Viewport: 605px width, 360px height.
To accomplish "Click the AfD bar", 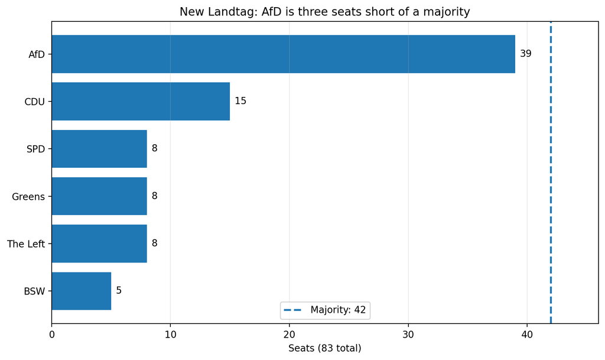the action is coord(283,54).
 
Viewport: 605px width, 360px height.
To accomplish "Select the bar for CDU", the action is coord(141,101).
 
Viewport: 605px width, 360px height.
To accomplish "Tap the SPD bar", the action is coord(99,148).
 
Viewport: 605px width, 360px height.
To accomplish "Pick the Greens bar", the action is coord(99,196).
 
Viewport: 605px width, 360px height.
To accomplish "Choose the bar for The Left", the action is coord(99,244).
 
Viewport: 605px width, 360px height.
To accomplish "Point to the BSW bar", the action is coord(82,291).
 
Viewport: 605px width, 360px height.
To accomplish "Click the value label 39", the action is coord(525,54).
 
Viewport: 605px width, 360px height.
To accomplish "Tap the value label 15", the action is coord(240,100).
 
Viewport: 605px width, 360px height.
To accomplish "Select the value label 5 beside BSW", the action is coord(119,290).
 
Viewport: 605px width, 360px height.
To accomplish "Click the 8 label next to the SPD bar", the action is coord(154,148).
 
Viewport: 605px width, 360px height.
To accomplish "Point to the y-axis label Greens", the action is coord(28,197).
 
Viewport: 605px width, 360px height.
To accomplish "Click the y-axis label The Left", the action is coord(26,244).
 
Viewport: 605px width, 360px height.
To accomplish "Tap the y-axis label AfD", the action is coord(37,54).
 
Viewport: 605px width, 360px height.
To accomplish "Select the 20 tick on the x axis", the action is coord(289,335).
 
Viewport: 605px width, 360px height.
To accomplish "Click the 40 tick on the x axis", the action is coord(526,335).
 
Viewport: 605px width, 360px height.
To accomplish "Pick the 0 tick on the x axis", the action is coord(52,335).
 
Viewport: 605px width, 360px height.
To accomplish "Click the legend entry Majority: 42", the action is coord(325,310).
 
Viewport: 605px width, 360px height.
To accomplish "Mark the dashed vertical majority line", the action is coord(551,173).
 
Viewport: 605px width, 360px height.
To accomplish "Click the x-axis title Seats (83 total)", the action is coord(325,348).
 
